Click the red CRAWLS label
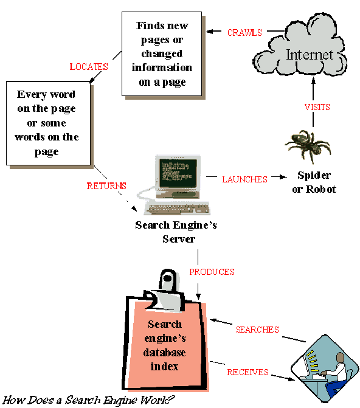click(244, 33)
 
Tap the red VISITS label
click(317, 107)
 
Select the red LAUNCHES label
click(244, 179)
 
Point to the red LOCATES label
click(89, 67)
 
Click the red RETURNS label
click(106, 186)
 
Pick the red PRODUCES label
click(212, 272)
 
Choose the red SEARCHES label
click(257, 330)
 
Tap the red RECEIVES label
click(247, 372)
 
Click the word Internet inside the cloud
click(310, 55)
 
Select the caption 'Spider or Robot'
click(314, 182)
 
